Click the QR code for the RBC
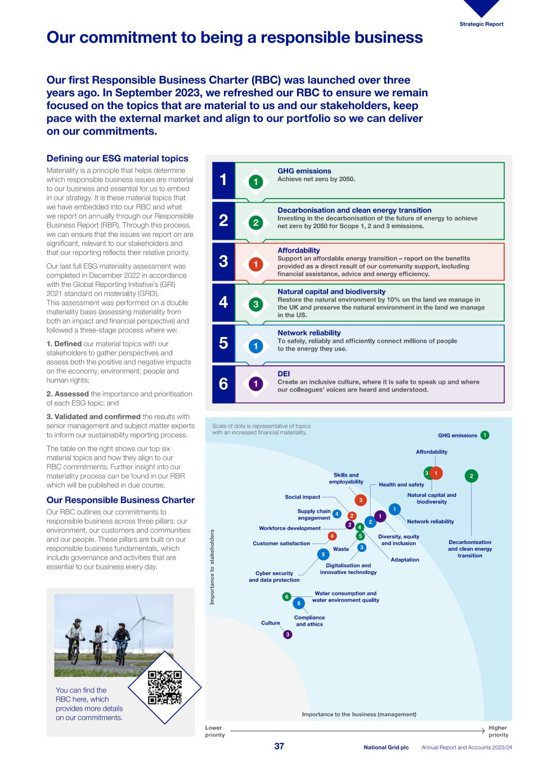[164, 688]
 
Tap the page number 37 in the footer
[279, 746]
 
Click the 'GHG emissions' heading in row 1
[304, 171]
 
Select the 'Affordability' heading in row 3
[298, 250]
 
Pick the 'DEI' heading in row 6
[284, 374]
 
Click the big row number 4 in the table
[223, 302]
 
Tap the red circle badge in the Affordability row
[255, 264]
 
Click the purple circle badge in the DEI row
[255, 384]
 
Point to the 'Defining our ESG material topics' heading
[117, 159]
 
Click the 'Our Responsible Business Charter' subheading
[120, 500]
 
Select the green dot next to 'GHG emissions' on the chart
[485, 435]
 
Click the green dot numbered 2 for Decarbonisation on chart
[472, 476]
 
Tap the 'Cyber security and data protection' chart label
[274, 577]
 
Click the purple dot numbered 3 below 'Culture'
[288, 635]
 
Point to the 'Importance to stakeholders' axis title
[213, 567]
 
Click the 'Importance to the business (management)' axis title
[359, 715]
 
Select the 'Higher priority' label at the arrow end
[498, 731]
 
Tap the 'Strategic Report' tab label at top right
[481, 24]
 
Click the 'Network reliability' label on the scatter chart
[430, 522]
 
